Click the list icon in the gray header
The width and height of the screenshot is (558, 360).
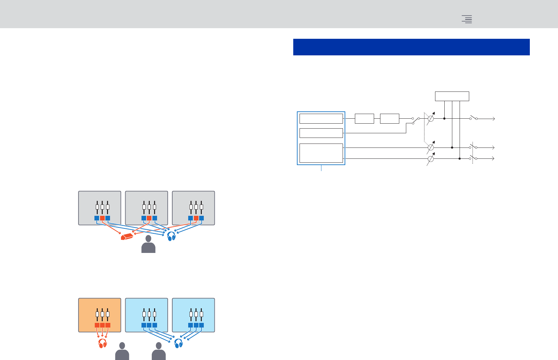click(x=467, y=19)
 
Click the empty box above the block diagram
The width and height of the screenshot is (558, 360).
click(x=452, y=96)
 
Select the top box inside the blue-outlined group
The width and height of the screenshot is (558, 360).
click(x=321, y=119)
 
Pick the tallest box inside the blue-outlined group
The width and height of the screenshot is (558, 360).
click(x=321, y=153)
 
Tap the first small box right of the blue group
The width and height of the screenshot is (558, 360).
click(x=364, y=119)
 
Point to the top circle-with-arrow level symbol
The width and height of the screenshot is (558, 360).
click(x=431, y=118)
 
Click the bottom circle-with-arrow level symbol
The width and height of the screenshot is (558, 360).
click(x=430, y=159)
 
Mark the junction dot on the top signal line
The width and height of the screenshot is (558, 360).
click(x=444, y=118)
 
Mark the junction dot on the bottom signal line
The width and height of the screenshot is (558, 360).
click(x=460, y=159)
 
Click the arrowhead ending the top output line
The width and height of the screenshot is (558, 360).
click(x=494, y=119)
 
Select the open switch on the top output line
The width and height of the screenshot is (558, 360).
click(x=474, y=118)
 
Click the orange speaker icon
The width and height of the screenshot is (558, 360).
click(x=127, y=236)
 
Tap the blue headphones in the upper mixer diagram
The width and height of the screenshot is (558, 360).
click(x=171, y=236)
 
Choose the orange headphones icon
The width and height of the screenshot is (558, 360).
click(x=103, y=343)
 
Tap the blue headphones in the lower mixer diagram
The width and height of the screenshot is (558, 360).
click(x=179, y=343)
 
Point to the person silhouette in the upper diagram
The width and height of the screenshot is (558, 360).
click(x=148, y=245)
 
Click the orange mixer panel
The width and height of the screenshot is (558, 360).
click(x=100, y=315)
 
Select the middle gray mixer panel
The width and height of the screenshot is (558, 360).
click(x=146, y=208)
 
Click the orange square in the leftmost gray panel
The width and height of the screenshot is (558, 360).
click(x=102, y=218)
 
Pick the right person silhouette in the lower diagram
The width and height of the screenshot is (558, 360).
click(x=159, y=352)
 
